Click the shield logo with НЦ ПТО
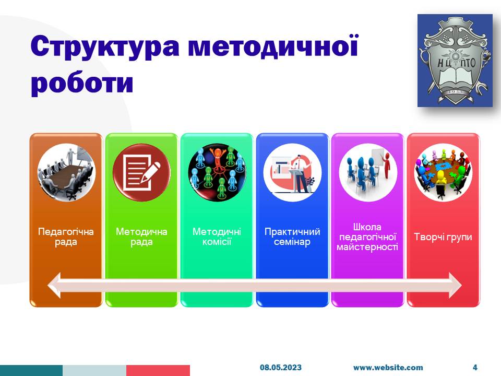pos(455,61)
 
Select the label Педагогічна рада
pos(66,237)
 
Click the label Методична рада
pos(141,237)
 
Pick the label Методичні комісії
pos(217,237)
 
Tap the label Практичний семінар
pos(292,237)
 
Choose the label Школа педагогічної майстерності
pos(367,237)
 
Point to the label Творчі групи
pos(443,237)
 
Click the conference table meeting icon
pos(66,172)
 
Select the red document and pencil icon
pos(141,172)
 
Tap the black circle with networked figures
pos(217,172)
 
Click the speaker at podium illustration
pos(292,172)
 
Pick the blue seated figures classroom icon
pos(368,172)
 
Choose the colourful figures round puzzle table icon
pos(443,172)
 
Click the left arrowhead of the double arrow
pos(54,286)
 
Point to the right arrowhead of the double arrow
pos(455,286)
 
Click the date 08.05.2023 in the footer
pos(281,367)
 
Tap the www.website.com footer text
pos(388,368)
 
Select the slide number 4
pos(475,367)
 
